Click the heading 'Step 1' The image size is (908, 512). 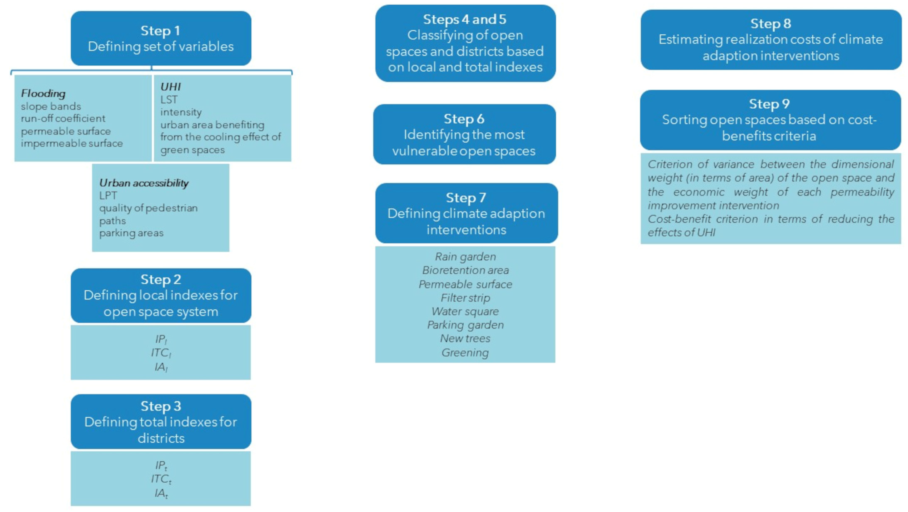[160, 31]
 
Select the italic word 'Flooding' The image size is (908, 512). [43, 93]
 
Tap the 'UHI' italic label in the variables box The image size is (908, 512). [171, 87]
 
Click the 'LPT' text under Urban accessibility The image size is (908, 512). [108, 195]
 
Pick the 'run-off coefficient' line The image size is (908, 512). [63, 118]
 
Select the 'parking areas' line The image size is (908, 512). [131, 233]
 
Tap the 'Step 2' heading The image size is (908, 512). [161, 280]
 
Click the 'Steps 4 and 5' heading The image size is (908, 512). [465, 19]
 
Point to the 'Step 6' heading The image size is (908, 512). [464, 119]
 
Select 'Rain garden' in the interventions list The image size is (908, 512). [465, 257]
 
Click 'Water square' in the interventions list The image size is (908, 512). [465, 311]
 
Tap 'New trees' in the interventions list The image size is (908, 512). [465, 338]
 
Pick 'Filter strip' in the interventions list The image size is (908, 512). [465, 298]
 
